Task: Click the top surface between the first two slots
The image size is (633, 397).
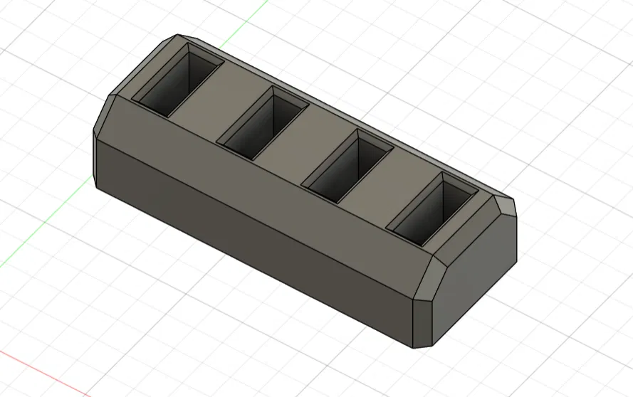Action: click(x=221, y=96)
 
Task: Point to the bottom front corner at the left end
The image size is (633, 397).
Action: click(x=96, y=186)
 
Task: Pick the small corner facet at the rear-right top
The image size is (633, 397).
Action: click(x=506, y=206)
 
